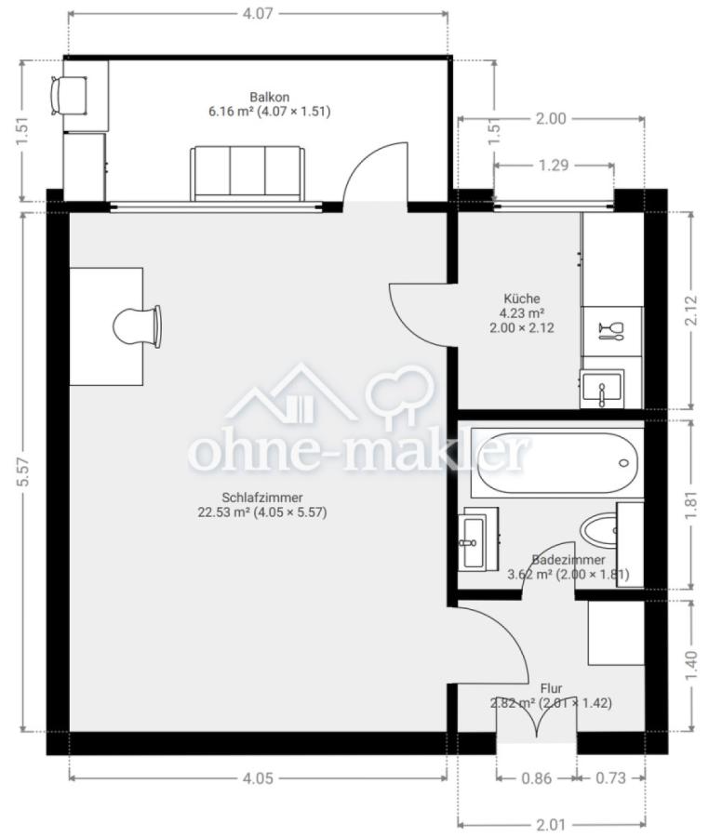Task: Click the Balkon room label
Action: pyautogui.click(x=270, y=97)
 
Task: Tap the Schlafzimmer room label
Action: pyautogui.click(x=262, y=498)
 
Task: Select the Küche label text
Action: pyautogui.click(x=522, y=299)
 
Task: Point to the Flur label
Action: pyautogui.click(x=551, y=688)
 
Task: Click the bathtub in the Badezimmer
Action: pyautogui.click(x=558, y=463)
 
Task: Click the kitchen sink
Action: pyautogui.click(x=602, y=389)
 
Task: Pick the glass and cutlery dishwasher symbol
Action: pyautogui.click(x=611, y=331)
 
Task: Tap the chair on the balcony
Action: pyautogui.click(x=69, y=96)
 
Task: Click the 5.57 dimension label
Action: pyautogui.click(x=22, y=472)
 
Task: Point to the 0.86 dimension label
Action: pyautogui.click(x=536, y=778)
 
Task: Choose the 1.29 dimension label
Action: pyautogui.click(x=554, y=166)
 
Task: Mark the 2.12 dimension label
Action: pyautogui.click(x=691, y=311)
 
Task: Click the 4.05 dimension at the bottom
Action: pyautogui.click(x=258, y=778)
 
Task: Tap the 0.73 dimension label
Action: pyautogui.click(x=610, y=778)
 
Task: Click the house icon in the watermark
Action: pyautogui.click(x=291, y=394)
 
